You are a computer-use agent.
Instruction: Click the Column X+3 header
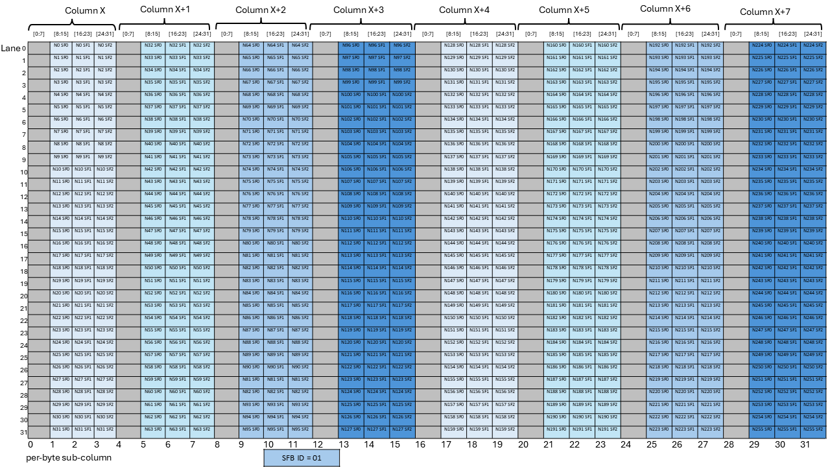pyautogui.click(x=358, y=10)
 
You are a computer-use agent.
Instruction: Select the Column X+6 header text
pyautogui.click(x=665, y=9)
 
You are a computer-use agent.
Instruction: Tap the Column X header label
pyautogui.click(x=85, y=11)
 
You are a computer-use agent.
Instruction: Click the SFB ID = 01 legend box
pyautogui.click(x=302, y=457)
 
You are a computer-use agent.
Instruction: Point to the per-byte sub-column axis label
pyautogui.click(x=69, y=458)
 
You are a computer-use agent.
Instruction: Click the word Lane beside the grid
pyautogui.click(x=10, y=49)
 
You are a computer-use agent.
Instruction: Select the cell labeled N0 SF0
pyautogui.click(x=62, y=45)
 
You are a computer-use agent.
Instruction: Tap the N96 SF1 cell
pyautogui.click(x=375, y=45)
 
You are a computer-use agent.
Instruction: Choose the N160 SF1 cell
pyautogui.click(x=582, y=45)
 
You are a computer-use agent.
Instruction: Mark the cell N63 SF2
pyautogui.click(x=202, y=429)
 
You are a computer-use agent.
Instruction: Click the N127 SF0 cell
pyautogui.click(x=350, y=429)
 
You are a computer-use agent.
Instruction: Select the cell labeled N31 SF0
pyautogui.click(x=62, y=429)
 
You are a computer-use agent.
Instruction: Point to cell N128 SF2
pyautogui.click(x=504, y=45)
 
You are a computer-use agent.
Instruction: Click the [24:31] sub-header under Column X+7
pyautogui.click(x=813, y=34)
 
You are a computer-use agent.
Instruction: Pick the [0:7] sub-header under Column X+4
pyautogui.click(x=428, y=34)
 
